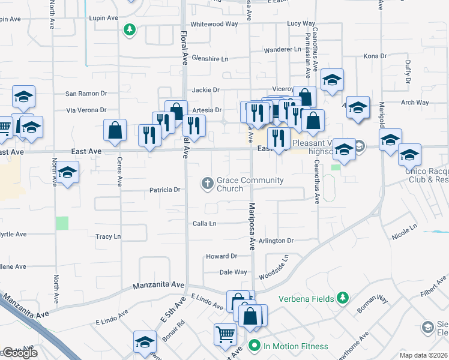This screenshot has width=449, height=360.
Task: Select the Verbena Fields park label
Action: click(307, 298)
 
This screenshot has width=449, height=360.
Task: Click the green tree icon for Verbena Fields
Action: click(343, 298)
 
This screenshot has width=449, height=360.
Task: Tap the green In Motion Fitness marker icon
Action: click(254, 346)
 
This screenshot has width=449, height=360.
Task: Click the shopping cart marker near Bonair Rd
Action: click(225, 334)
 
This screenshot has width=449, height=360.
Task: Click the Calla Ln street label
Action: click(204, 223)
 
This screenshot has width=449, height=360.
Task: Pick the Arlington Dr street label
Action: click(277, 241)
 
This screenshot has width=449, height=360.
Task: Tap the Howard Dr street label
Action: click(221, 256)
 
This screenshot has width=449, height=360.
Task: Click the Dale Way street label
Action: click(233, 272)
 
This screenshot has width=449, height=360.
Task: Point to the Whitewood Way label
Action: click(214, 24)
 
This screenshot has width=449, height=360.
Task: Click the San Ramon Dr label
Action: click(86, 94)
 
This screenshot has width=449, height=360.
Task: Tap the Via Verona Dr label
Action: click(86, 110)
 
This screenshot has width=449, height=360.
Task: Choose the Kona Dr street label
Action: click(375, 56)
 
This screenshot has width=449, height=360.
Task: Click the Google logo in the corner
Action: click(20, 353)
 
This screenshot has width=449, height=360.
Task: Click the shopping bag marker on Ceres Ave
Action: click(114, 130)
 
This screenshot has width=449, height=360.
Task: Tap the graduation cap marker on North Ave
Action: click(68, 173)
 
